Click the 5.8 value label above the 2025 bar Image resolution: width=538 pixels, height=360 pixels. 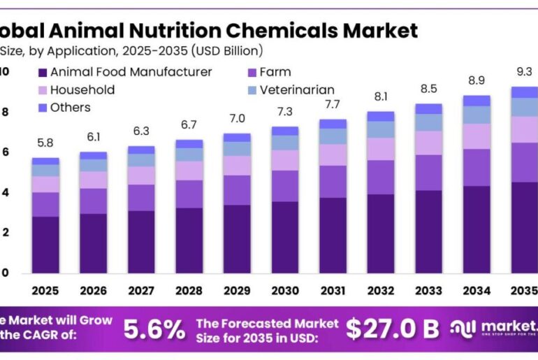pos(45,143)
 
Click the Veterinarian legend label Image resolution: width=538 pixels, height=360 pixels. pos(296,90)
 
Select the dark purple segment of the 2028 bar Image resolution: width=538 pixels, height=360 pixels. pos(189,240)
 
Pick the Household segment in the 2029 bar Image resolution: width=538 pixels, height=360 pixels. pos(237,165)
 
